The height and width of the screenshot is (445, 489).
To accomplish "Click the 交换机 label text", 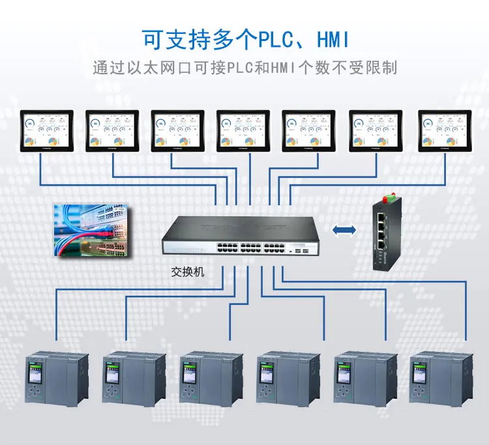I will coord(187,272).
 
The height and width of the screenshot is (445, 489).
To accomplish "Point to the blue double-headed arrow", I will coord(344,229).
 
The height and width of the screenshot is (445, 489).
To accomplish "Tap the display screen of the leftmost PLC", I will coord(35,373).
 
